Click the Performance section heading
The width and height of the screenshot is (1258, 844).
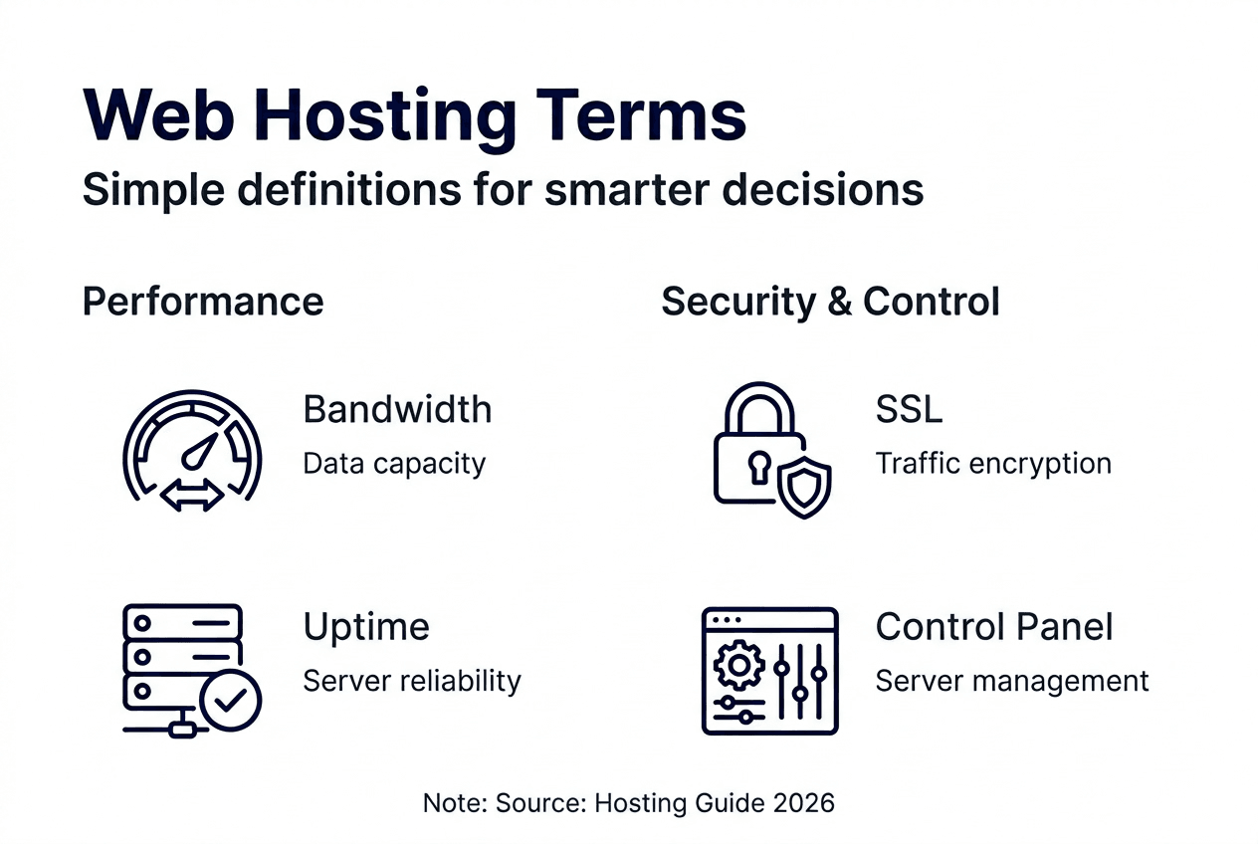[203, 301]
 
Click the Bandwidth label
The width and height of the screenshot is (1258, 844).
[397, 409]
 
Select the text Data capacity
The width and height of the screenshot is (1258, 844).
[394, 464]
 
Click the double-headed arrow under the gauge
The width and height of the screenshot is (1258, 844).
[192, 497]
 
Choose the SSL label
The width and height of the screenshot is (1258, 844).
[909, 409]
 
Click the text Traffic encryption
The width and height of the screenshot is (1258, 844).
[993, 464]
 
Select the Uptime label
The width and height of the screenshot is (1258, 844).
[366, 627]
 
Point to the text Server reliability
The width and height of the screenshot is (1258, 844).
[412, 681]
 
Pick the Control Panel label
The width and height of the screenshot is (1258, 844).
[994, 627]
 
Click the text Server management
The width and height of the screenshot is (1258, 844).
[1012, 681]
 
